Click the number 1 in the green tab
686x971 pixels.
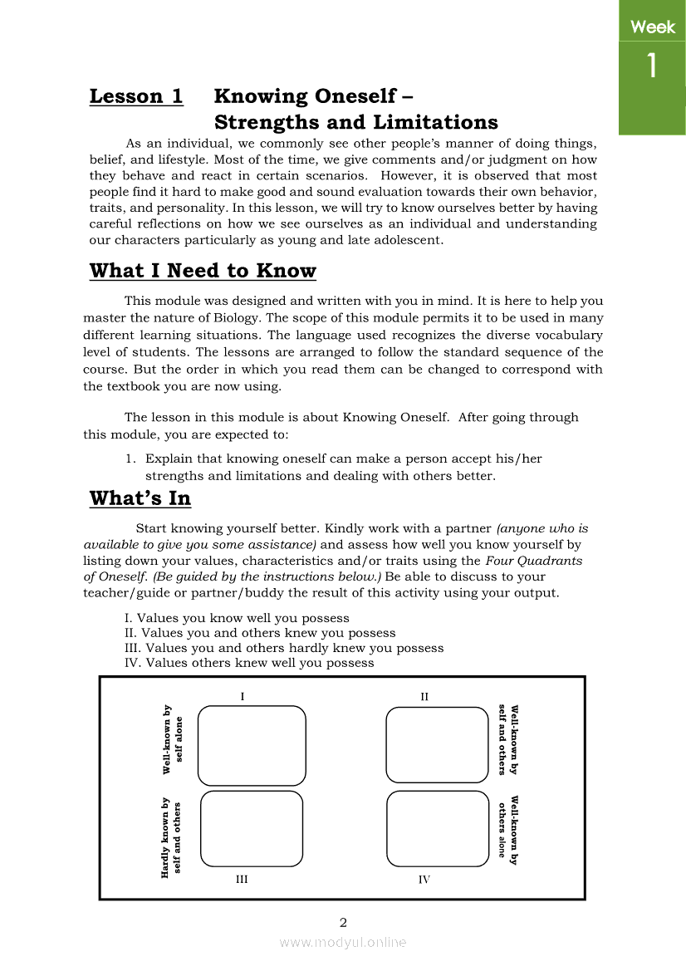pyautogui.click(x=652, y=66)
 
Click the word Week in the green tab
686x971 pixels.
pyautogui.click(x=653, y=27)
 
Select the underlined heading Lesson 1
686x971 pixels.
pyautogui.click(x=136, y=96)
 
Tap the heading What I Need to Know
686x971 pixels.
pyautogui.click(x=203, y=271)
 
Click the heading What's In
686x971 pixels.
pyautogui.click(x=140, y=498)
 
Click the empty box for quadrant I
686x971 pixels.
pyautogui.click(x=252, y=745)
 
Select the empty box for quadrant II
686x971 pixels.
pyautogui.click(x=437, y=744)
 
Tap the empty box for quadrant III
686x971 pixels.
pyautogui.click(x=252, y=828)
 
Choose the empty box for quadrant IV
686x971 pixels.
pyautogui.click(x=438, y=828)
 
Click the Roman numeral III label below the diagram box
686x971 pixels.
pyautogui.click(x=241, y=879)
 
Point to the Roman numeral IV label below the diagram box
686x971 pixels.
pyautogui.click(x=424, y=879)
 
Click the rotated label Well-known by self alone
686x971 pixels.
pyautogui.click(x=173, y=739)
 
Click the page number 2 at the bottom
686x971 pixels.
pyautogui.click(x=343, y=922)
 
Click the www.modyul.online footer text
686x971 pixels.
pyautogui.click(x=343, y=943)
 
